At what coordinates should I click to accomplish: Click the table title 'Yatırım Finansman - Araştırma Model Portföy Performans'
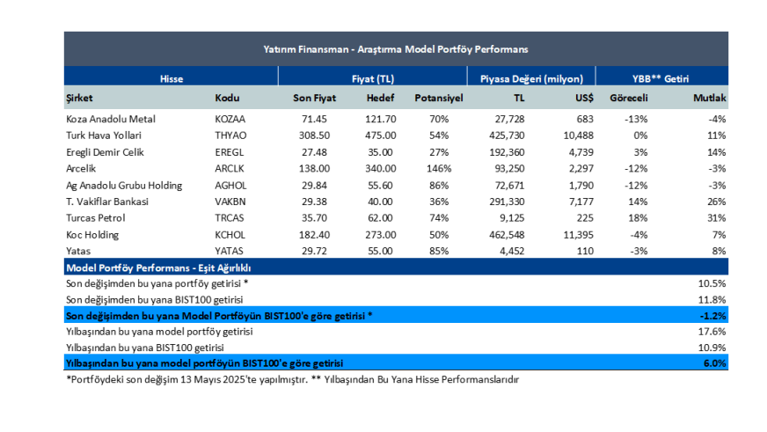tap(395, 49)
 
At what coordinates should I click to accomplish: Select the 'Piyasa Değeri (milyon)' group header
tap(531, 79)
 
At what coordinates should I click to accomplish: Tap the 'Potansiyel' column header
tap(439, 98)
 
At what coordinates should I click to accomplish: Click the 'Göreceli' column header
tap(629, 98)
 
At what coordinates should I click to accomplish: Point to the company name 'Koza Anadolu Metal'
tap(111, 119)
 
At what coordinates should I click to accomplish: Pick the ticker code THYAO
tap(230, 135)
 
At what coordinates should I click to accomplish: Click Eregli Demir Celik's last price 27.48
tap(314, 152)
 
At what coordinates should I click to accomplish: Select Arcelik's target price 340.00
tap(381, 169)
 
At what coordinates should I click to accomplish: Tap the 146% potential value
tap(439, 169)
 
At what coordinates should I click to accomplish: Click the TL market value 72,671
tap(507, 186)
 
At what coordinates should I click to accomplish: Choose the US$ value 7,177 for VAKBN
tap(581, 201)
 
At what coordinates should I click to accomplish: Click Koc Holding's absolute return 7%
tap(719, 235)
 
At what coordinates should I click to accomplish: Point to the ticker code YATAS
tap(229, 251)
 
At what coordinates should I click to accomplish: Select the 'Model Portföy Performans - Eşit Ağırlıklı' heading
tap(158, 268)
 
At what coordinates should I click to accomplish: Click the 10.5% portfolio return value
tap(712, 283)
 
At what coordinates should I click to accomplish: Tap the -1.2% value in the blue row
tap(712, 316)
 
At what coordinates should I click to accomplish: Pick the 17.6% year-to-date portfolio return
tap(712, 332)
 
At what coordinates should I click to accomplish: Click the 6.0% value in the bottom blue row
tap(714, 363)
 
